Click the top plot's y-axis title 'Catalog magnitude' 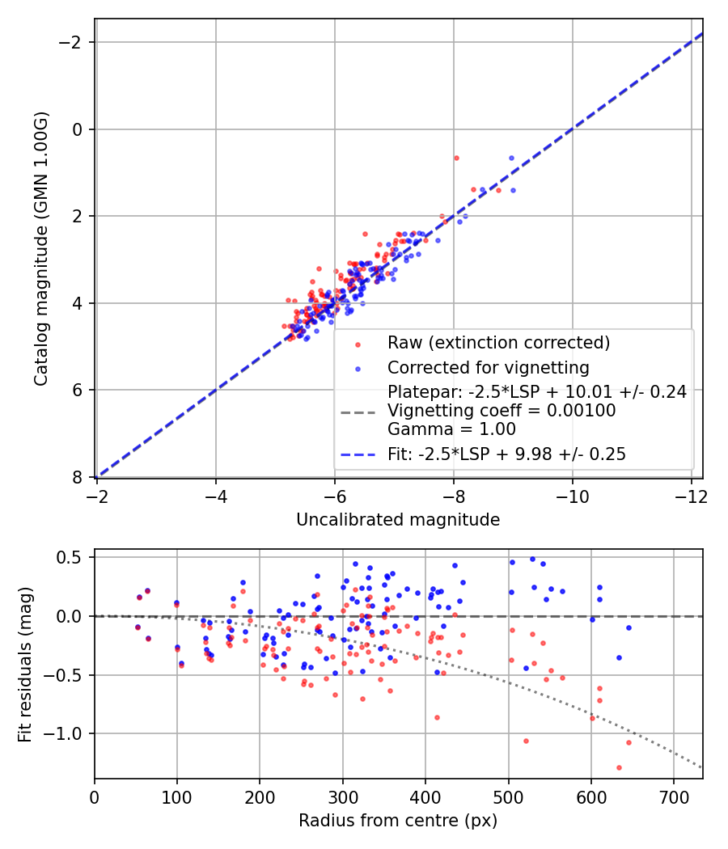coord(41,247)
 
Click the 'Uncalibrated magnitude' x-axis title coord(397,520)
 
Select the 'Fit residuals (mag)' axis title coord(25,663)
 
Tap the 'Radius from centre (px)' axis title coord(397,821)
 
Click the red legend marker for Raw coord(358,343)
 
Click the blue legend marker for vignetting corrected coord(358,366)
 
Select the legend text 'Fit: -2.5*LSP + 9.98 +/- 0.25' coord(506,454)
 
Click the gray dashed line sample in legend coord(358,412)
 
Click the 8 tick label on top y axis coord(80,477)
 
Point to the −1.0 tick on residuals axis coord(69,733)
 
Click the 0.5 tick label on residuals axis coord(73,557)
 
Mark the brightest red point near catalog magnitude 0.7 coord(456,158)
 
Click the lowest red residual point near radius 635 coord(619,767)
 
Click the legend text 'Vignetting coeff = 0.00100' coord(502,411)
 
